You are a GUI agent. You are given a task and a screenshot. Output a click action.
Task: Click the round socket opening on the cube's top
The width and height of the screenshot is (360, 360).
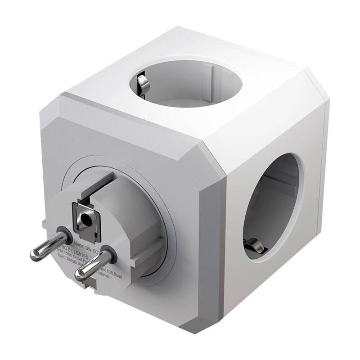[x=185, y=83]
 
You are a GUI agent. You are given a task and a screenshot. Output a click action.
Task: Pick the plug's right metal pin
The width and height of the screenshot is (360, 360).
[x=90, y=267]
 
